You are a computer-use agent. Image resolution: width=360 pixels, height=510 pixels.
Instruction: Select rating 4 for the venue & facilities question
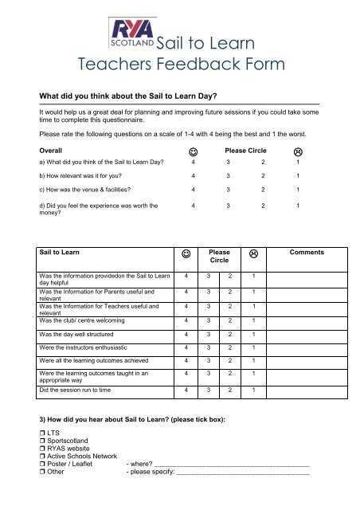(194, 190)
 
